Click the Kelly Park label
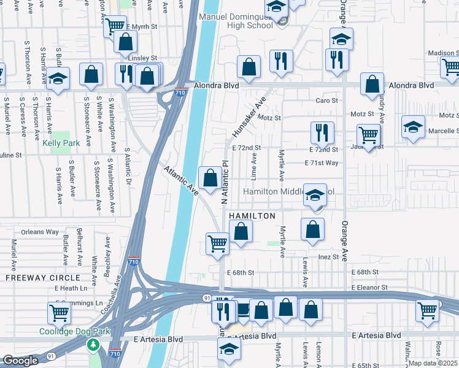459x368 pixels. pyautogui.click(x=62, y=143)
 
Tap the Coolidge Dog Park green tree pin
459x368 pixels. pyautogui.click(x=93, y=345)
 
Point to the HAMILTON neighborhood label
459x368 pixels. pyautogui.click(x=252, y=217)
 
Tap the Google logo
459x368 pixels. pyautogui.click(x=20, y=361)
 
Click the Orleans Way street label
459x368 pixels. pyautogui.click(x=39, y=232)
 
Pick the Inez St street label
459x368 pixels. pyautogui.click(x=328, y=257)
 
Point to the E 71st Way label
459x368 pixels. pyautogui.click(x=322, y=163)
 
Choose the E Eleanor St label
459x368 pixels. pyautogui.click(x=370, y=287)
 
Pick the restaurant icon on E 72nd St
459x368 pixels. pyautogui.click(x=322, y=131)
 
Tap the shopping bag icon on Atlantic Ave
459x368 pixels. pyautogui.click(x=210, y=178)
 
